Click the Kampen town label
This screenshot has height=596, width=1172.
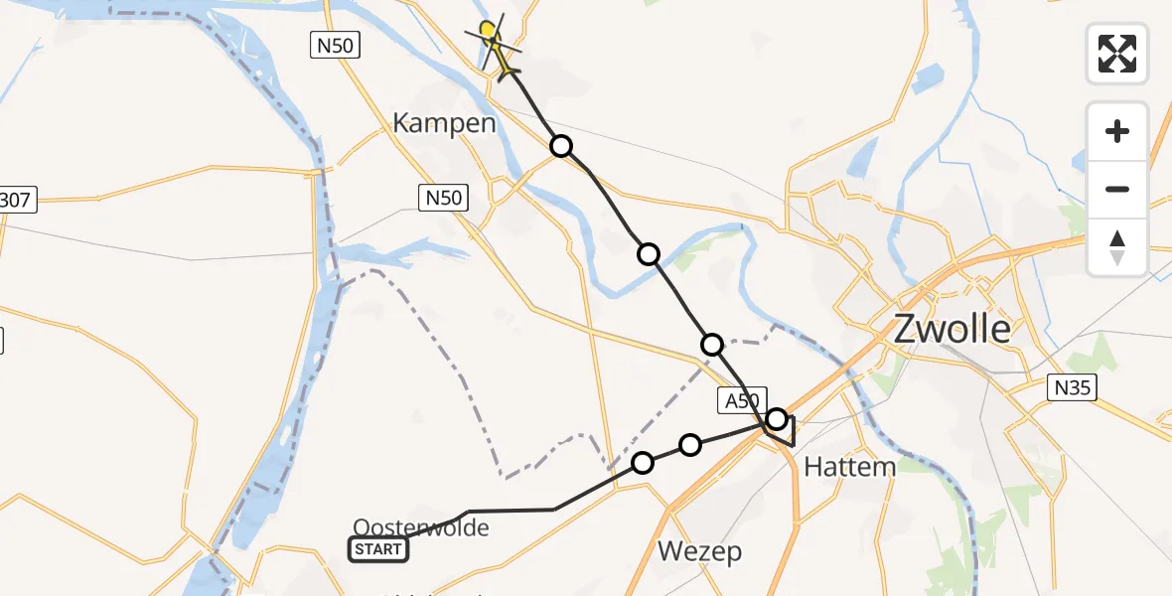[444, 124]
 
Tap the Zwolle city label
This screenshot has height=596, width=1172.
[952, 329]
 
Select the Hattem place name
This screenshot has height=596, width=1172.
[849, 466]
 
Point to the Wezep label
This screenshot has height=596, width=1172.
[700, 552]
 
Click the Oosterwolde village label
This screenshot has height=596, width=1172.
[421, 526]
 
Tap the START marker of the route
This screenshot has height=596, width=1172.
[378, 549]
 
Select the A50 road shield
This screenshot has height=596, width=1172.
[739, 400]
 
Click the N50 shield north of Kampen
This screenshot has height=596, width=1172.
[334, 45]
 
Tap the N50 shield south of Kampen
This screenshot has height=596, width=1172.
[443, 198]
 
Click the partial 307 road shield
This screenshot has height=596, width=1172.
[17, 201]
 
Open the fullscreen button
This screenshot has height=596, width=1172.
[1117, 53]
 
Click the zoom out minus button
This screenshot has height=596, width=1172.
[1117, 189]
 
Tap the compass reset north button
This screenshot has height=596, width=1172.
[1117, 246]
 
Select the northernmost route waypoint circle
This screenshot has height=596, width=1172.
[561, 147]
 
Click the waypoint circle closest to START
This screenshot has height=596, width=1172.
[643, 462]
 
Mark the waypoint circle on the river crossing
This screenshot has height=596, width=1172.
[649, 254]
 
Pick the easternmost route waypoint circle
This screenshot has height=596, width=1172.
[777, 418]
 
